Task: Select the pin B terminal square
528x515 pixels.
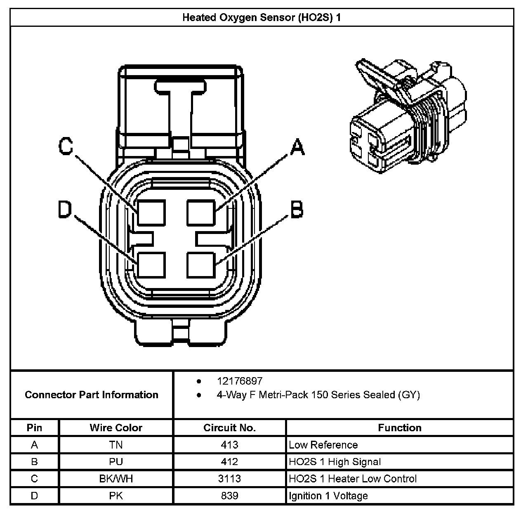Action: coord(201,264)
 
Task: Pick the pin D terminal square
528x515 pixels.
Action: coord(151,264)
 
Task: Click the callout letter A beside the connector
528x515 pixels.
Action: coord(297,147)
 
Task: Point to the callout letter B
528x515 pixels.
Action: coord(297,209)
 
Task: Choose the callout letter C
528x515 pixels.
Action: coord(66,146)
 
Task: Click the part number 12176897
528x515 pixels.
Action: coord(240,381)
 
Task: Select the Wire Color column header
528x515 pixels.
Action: coord(116,428)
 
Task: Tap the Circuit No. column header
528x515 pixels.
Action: coord(229,428)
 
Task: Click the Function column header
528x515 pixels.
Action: coord(399,428)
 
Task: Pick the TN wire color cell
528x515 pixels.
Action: coord(116,445)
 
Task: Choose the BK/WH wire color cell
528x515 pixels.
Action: coord(116,479)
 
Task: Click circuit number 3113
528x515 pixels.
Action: coord(229,479)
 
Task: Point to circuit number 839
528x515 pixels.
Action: coord(229,496)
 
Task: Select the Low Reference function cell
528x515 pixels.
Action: coord(323,445)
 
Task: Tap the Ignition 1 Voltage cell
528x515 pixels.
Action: coord(328,496)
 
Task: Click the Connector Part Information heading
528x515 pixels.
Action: coord(92,395)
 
